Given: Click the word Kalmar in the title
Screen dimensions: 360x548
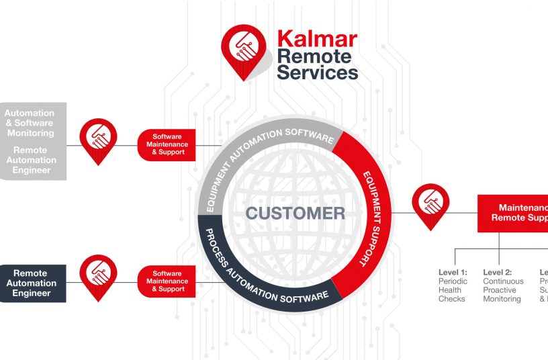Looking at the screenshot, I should (317, 39).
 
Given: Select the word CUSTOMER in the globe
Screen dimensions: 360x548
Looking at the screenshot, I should (295, 214).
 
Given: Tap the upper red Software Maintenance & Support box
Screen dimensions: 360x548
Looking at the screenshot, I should (167, 144).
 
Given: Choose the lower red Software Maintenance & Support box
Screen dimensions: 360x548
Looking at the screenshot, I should (167, 281).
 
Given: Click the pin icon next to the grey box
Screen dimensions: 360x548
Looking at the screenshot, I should (99, 138).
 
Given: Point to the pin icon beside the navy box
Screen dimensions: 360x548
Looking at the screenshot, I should (99, 275).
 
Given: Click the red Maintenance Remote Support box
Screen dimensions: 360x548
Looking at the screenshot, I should (513, 213).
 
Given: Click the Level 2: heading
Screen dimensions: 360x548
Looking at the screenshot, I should (498, 273).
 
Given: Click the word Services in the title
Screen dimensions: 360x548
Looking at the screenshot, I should (318, 72).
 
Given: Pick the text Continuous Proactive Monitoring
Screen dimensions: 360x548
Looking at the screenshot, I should (503, 290).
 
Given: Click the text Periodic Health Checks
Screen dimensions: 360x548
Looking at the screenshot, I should (451, 290).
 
